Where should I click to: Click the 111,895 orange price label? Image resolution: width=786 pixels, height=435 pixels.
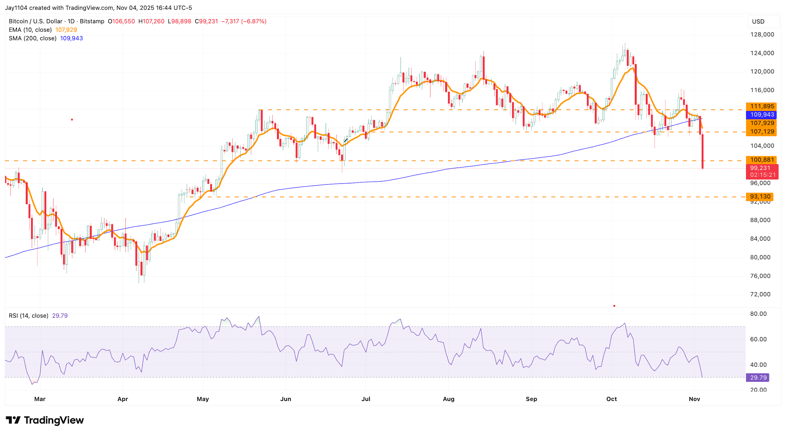click(761, 106)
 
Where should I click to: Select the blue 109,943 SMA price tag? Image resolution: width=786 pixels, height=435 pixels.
click(761, 115)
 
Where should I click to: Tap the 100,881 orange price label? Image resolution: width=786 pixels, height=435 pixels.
click(761, 160)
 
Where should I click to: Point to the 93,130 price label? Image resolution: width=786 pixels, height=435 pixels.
click(760, 197)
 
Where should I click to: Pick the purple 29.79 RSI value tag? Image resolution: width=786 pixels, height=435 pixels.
click(758, 377)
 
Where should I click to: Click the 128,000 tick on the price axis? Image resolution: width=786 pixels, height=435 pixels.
click(762, 35)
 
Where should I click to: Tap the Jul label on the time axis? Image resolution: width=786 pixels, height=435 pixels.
click(366, 399)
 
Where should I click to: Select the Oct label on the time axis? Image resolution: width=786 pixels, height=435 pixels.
click(612, 399)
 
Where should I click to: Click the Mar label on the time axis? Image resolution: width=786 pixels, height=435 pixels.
click(40, 399)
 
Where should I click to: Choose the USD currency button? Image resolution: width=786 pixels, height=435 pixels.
click(758, 22)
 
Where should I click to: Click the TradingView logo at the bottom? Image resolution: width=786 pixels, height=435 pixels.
click(45, 420)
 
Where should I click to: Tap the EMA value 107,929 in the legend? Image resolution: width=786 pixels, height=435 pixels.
click(66, 30)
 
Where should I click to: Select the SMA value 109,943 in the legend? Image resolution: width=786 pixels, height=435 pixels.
click(71, 38)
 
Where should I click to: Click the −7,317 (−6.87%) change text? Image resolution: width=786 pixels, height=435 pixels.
click(244, 21)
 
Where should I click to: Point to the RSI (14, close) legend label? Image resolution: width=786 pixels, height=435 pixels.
click(29, 315)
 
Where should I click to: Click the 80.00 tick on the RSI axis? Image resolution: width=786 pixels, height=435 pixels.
click(758, 314)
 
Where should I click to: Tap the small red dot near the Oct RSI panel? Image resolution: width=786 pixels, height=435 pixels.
click(614, 306)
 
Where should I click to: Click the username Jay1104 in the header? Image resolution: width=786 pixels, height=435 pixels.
click(16, 8)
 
